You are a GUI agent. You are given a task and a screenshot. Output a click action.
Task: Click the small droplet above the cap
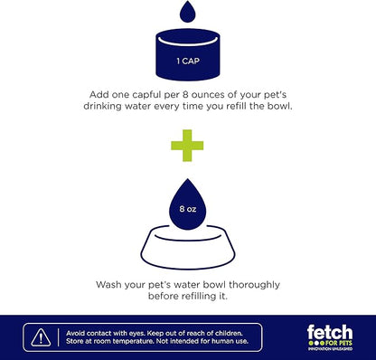187,12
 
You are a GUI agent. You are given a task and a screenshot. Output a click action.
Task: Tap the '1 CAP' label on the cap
188,62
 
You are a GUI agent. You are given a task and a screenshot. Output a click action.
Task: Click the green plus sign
187,146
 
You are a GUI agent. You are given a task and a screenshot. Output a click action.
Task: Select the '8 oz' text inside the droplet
188,209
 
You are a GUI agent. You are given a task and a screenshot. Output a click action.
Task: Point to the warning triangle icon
41,337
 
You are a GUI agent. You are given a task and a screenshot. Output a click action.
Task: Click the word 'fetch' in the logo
330,333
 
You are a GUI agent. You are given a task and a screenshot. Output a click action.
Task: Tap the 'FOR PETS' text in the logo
338,343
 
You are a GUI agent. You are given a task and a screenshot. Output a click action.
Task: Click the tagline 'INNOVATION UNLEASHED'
330,349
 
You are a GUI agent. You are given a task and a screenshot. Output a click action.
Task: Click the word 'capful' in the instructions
146,95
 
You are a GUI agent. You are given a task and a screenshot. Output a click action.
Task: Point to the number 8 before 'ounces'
185,95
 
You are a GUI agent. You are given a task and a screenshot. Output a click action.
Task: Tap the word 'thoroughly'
254,285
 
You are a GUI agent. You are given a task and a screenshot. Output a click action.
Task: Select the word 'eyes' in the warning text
138,334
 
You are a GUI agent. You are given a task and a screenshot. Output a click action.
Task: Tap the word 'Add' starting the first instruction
99,95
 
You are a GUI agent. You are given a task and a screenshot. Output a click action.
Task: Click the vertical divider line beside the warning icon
59,337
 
